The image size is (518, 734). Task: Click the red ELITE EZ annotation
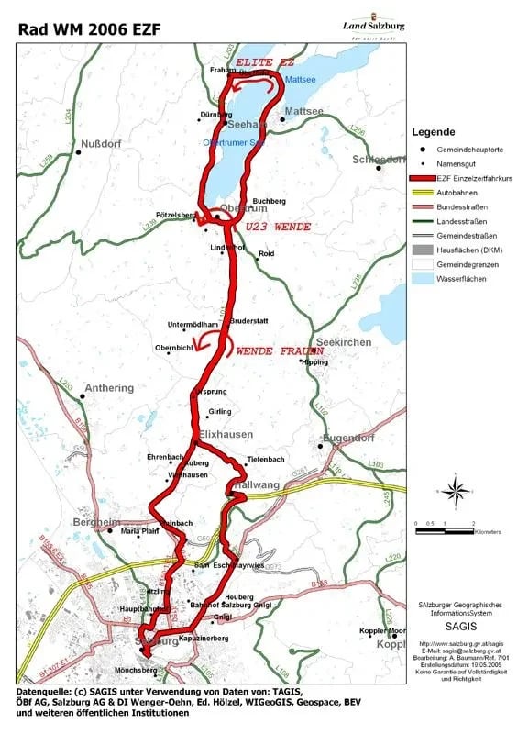[x=264, y=63]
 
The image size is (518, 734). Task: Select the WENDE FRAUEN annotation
[x=280, y=350]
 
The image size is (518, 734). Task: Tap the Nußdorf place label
[x=102, y=144]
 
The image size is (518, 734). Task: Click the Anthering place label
[x=108, y=388]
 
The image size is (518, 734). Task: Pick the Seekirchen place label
[x=347, y=341]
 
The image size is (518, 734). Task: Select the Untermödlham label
[x=193, y=325]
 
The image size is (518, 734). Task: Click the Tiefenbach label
[x=266, y=459]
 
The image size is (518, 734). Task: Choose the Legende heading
[x=434, y=132]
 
